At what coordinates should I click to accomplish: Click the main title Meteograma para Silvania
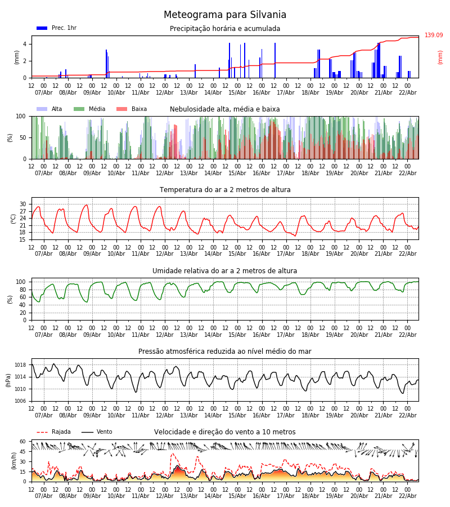(x=225, y=15)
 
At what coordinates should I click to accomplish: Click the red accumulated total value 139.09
(x=434, y=35)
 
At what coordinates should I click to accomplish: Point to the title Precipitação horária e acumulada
(x=225, y=29)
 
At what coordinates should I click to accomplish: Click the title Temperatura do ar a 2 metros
(x=225, y=190)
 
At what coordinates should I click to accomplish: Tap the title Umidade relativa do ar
(x=225, y=271)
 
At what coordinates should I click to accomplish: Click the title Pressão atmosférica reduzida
(x=225, y=352)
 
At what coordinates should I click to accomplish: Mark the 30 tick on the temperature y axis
(x=23, y=204)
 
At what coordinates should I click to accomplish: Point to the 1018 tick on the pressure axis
(x=20, y=365)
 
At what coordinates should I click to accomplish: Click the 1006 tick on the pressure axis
(x=20, y=401)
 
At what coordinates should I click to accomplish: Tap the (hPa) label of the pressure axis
(x=8, y=380)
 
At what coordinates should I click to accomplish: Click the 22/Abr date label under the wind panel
(x=407, y=496)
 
